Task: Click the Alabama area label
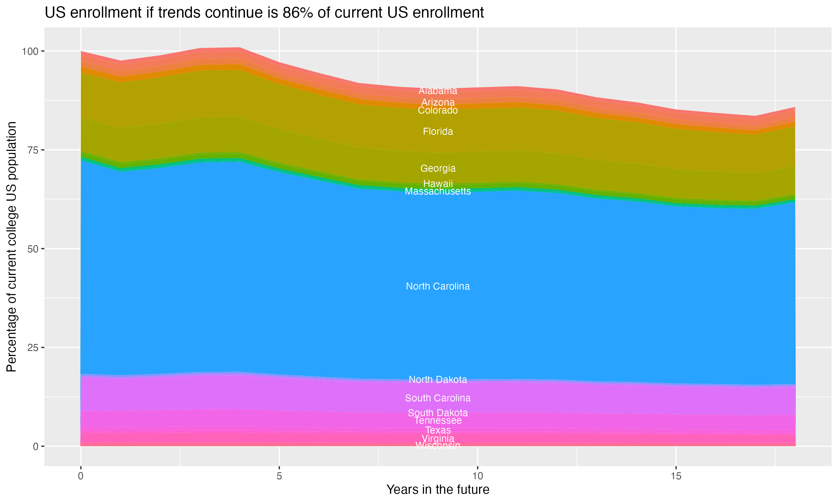(x=438, y=91)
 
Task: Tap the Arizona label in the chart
(x=438, y=102)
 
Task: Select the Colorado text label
(x=438, y=110)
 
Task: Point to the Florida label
(x=438, y=132)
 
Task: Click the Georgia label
(x=438, y=169)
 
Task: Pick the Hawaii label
(x=438, y=184)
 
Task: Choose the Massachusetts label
(x=438, y=191)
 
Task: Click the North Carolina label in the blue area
(x=438, y=286)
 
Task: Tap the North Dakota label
(x=438, y=379)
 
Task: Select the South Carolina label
(x=438, y=398)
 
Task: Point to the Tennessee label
(x=438, y=421)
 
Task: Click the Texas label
(x=438, y=430)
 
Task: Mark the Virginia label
(x=438, y=439)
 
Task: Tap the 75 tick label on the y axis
(x=32, y=150)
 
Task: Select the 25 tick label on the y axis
(x=32, y=348)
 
